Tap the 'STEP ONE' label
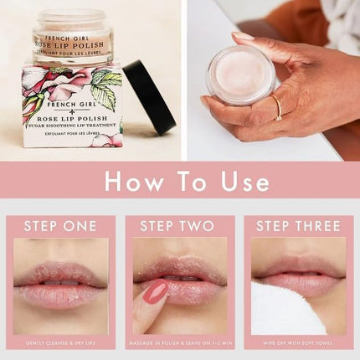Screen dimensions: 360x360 (x=60, y=226)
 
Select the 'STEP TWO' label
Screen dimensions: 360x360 (x=180, y=226)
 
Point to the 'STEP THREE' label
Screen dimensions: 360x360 (x=299, y=226)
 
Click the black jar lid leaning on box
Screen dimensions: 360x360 (x=151, y=95)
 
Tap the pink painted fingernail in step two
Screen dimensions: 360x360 (x=154, y=293)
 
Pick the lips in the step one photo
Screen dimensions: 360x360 (x=60, y=281)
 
